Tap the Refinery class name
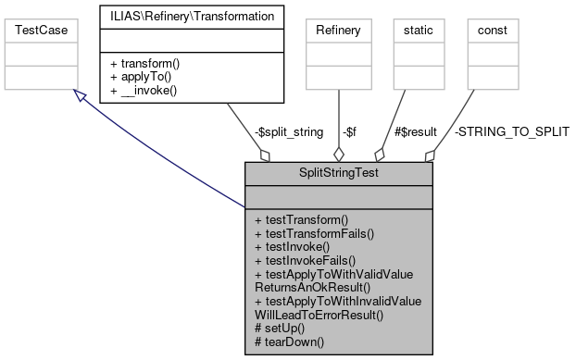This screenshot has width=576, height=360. pos(338,31)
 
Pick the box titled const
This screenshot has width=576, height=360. pos(492,31)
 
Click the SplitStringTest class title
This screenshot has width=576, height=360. pos(338,172)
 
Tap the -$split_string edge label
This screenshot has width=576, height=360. pos(288,132)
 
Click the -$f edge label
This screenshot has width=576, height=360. pos(353,132)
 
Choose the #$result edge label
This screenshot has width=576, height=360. pos(416,132)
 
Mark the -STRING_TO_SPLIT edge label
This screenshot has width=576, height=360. pos(511,132)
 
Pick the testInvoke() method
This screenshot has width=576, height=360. pos(292,248)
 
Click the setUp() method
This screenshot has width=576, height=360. pos(282,329)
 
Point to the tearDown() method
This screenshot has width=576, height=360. pos(291,342)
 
